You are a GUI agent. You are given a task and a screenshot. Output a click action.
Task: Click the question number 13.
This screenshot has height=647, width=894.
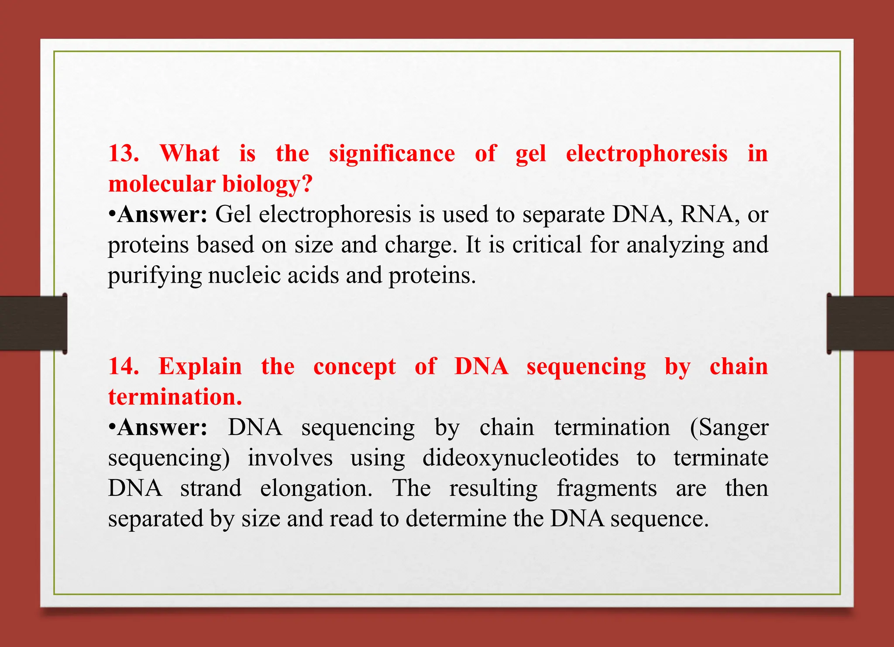(x=123, y=153)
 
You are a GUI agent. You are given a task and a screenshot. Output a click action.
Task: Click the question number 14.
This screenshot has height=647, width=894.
(x=123, y=366)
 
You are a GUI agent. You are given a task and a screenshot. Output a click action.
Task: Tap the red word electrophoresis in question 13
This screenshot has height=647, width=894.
(x=646, y=153)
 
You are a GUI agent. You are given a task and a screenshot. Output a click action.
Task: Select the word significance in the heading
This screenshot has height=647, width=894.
(x=392, y=154)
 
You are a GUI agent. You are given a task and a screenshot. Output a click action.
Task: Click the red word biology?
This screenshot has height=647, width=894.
(x=268, y=184)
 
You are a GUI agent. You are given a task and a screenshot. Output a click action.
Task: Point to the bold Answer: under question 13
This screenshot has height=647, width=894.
(x=162, y=215)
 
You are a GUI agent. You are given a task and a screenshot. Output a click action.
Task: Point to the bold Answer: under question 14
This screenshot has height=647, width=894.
(x=162, y=427)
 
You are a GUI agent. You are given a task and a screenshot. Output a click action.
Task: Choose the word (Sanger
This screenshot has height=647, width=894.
(x=729, y=427)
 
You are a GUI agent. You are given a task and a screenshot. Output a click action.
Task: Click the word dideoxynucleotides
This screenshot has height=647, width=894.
(x=520, y=458)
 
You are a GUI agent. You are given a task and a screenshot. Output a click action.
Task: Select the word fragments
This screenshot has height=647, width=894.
(x=606, y=488)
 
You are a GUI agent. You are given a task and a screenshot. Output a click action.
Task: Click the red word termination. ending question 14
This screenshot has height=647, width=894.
(x=175, y=397)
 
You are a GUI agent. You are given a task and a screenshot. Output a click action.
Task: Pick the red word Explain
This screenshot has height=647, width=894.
(x=200, y=366)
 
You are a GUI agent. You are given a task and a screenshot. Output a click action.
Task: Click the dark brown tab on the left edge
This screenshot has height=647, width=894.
(x=33, y=323)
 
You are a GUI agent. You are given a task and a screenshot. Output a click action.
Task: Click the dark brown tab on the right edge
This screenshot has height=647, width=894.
(x=860, y=323)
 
